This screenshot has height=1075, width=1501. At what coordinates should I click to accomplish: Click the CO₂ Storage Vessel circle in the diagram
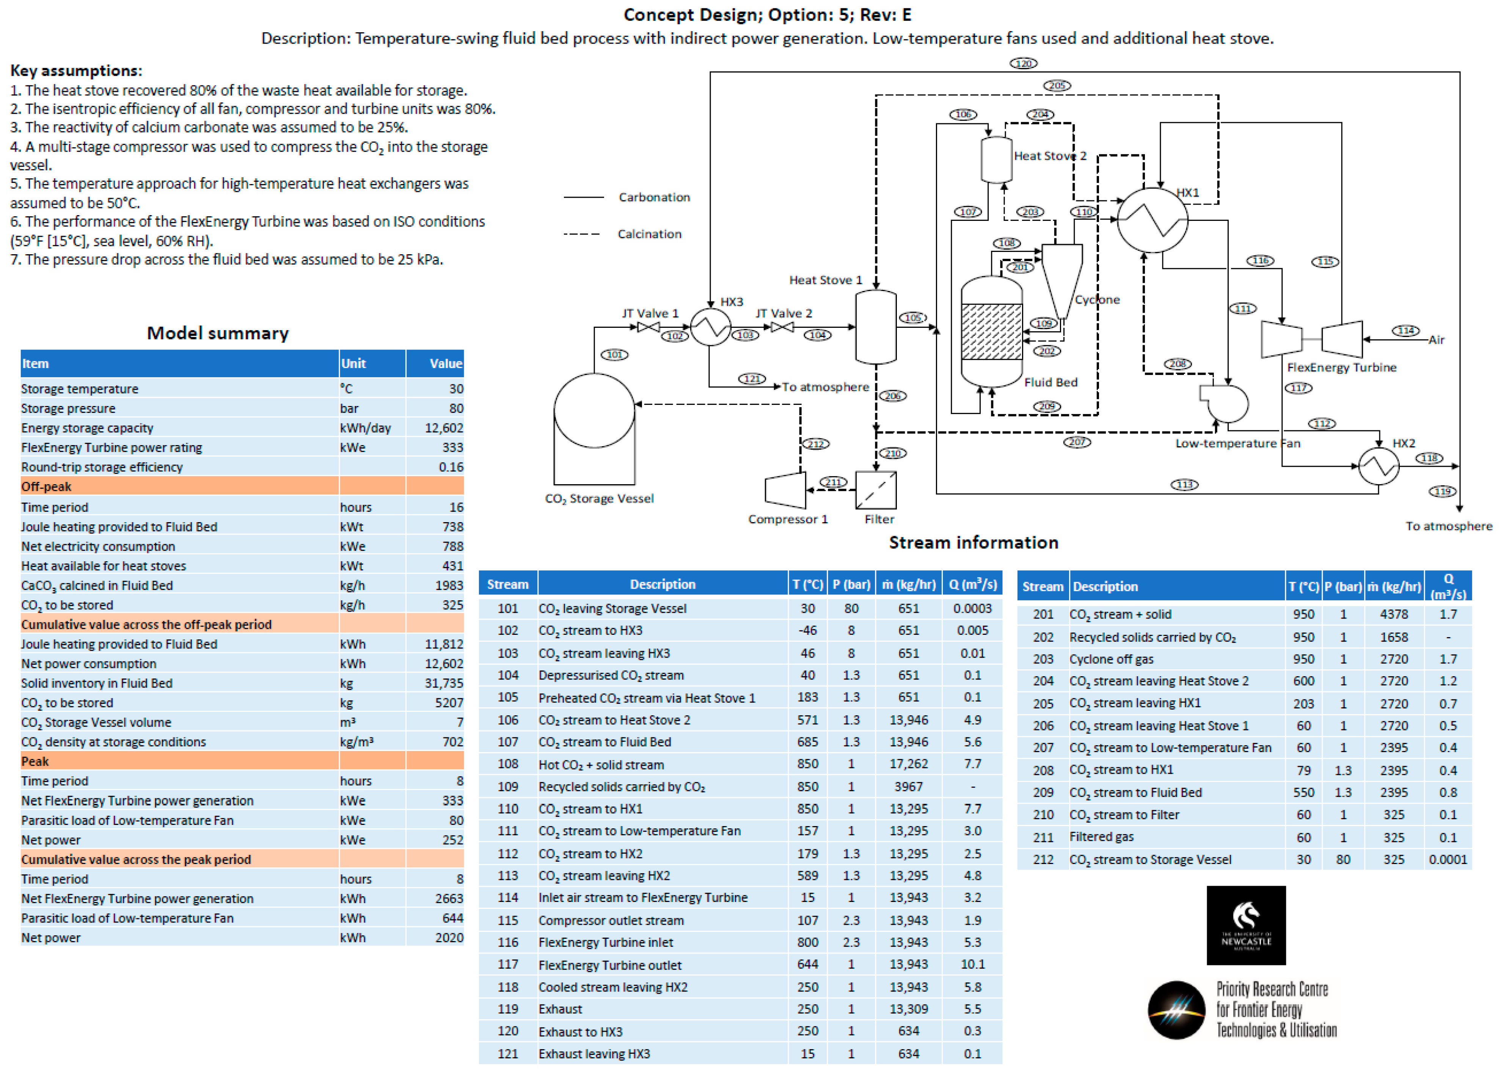click(x=593, y=411)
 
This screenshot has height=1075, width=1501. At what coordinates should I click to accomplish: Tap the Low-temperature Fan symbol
click(x=1225, y=403)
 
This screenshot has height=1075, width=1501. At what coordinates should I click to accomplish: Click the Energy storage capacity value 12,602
click(x=443, y=428)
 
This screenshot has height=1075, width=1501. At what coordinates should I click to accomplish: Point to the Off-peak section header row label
click(x=46, y=486)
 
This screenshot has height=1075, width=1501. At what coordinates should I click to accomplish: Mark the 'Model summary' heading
click(x=218, y=333)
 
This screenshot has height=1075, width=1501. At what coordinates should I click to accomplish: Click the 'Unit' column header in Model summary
click(x=354, y=364)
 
